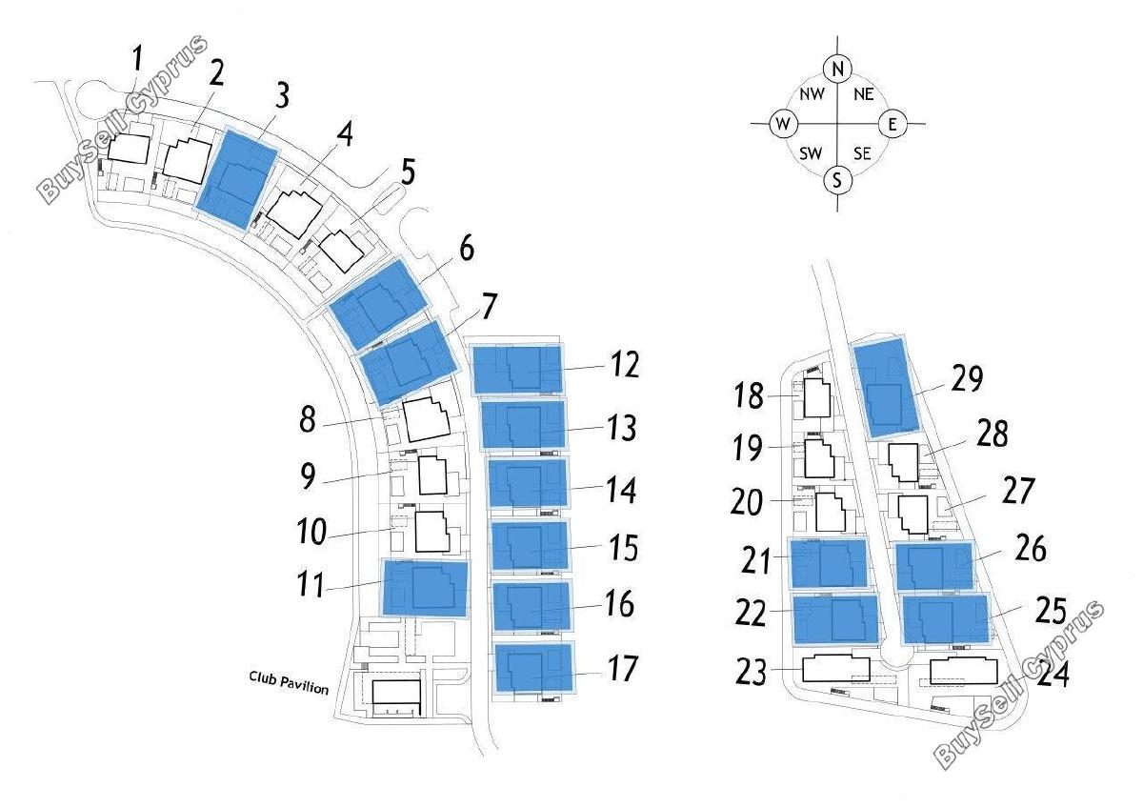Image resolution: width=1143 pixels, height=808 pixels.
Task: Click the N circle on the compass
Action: pos(837,69)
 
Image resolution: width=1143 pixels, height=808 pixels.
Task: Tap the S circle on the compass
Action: pos(837,181)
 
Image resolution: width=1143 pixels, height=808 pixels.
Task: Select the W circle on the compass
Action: pos(783,124)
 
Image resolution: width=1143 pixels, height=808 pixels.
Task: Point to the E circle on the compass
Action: pos(892,124)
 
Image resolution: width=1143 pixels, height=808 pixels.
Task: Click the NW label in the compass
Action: pos(812,94)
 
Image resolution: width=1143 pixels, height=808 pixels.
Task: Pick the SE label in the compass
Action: pos(862,153)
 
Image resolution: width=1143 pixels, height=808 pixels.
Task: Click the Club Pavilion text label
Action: pos(289,683)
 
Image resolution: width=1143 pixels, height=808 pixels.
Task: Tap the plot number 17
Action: pos(623,668)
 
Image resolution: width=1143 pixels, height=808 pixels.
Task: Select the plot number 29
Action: pos(967,379)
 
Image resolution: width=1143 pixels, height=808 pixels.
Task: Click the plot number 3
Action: pos(282,95)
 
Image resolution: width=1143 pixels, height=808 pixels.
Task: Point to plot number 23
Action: pos(752,673)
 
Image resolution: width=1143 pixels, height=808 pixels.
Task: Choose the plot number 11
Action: pos(311,584)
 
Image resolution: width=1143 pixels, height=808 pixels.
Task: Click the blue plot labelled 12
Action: pos(517,369)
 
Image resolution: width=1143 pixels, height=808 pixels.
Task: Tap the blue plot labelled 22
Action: pos(835,618)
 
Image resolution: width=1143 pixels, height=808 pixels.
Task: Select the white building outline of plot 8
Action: pos(427,419)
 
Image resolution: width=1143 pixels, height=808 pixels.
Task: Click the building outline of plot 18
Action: pos(817,398)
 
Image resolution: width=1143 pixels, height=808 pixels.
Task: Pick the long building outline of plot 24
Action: pos(963,671)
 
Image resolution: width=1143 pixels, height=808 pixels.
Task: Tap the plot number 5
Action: pos(408,172)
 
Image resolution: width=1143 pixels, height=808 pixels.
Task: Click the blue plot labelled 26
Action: pos(934,566)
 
